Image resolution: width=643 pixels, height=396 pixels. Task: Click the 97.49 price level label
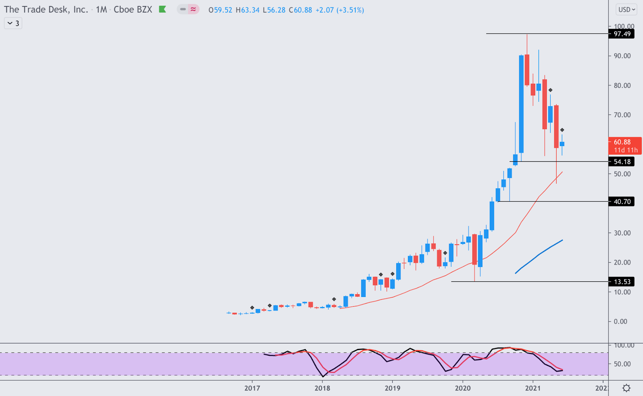click(622, 34)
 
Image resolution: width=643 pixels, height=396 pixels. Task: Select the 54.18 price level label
click(622, 162)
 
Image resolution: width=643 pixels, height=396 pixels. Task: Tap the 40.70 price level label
click(622, 202)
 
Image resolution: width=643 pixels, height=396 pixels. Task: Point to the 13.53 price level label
click(622, 282)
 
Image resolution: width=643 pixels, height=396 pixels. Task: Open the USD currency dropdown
click(626, 10)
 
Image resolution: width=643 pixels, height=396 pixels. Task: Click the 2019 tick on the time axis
click(392, 388)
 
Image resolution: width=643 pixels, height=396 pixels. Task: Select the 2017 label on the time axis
click(252, 388)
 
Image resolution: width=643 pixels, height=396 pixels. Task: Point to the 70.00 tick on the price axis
click(622, 115)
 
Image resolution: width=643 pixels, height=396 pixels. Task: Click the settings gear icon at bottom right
click(626, 388)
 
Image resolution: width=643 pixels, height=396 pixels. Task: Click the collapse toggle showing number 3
click(13, 23)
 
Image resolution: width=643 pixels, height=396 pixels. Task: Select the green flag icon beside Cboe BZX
click(162, 9)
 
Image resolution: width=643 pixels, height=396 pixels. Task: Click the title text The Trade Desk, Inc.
click(46, 10)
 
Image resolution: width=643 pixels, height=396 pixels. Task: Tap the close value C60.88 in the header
click(300, 10)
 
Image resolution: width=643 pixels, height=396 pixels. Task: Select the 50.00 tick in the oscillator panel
click(622, 364)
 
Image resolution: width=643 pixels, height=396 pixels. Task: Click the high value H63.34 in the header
click(248, 10)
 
